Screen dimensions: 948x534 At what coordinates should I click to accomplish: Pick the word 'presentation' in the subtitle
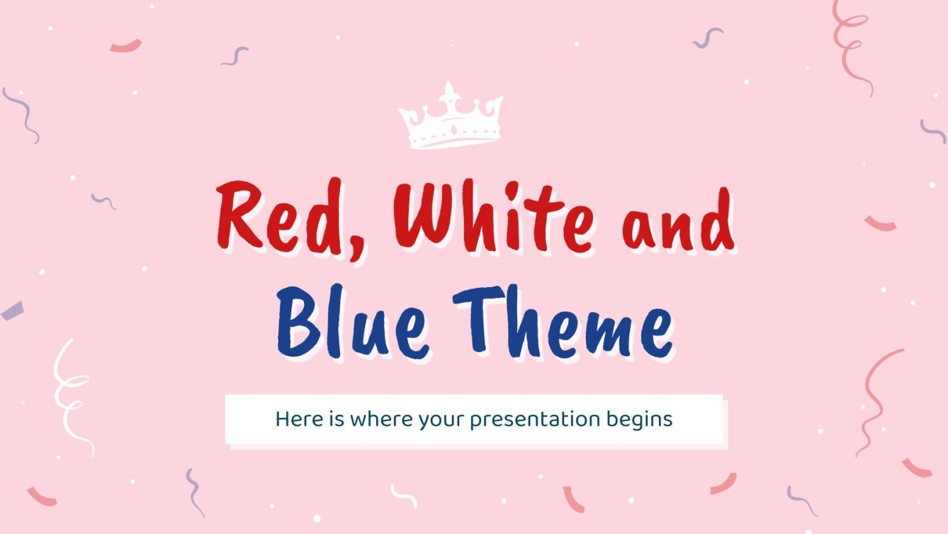[535, 420]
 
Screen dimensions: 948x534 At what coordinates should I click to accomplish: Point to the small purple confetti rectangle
[12, 311]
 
